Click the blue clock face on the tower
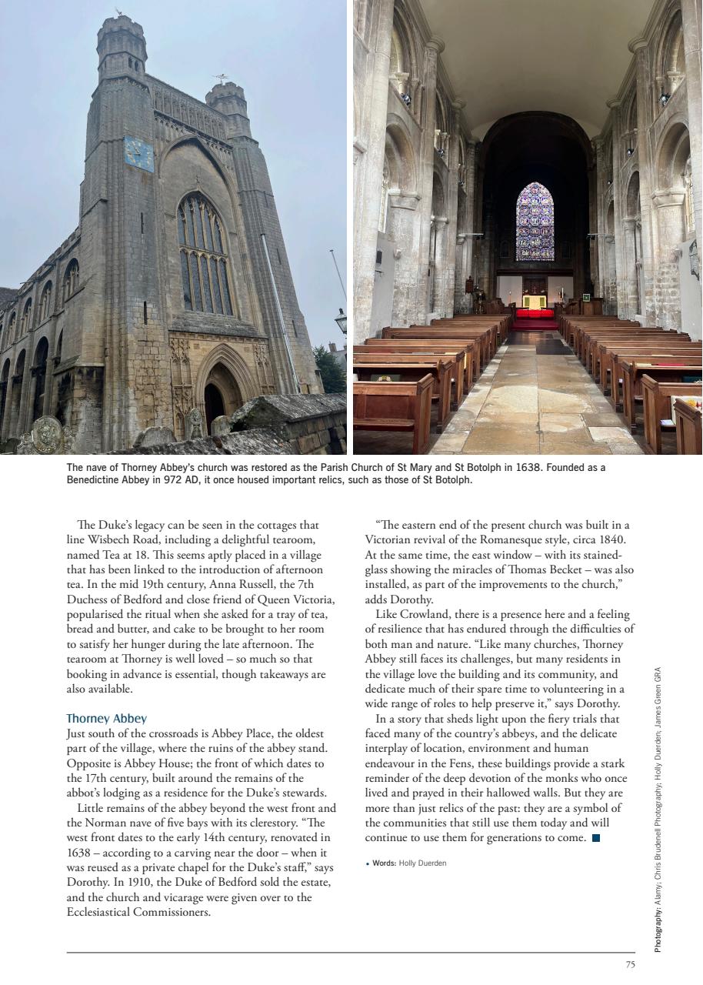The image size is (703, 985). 138,155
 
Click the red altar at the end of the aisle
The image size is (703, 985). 535,314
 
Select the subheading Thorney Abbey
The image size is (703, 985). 106,719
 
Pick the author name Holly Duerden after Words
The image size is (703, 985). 422,863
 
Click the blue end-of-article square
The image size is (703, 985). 596,837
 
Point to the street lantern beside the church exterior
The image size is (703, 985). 342,319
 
